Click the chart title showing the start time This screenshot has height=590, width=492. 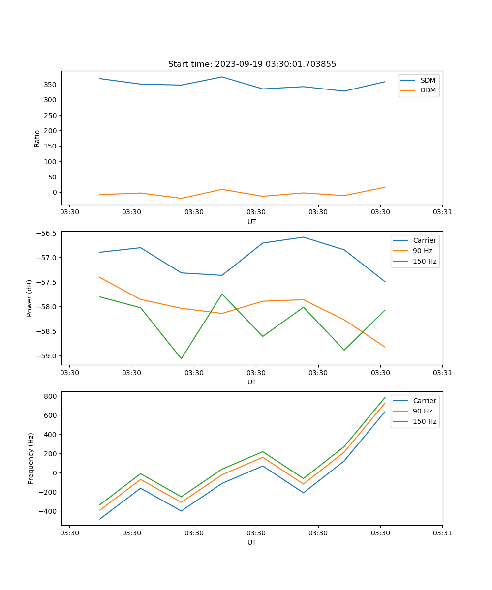[252, 64]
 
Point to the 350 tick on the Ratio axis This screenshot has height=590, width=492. [51, 85]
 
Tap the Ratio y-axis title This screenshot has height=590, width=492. [37, 138]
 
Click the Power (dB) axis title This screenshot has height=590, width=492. [30, 298]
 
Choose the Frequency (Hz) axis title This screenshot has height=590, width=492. [31, 458]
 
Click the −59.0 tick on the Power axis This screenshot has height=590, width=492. [48, 356]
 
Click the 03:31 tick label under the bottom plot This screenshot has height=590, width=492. [442, 533]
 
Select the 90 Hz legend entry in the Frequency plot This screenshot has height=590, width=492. [423, 411]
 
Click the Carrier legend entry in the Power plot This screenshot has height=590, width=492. [424, 240]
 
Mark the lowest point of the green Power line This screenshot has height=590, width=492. [181, 358]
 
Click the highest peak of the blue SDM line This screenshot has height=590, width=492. [222, 77]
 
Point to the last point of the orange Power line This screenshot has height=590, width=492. [385, 347]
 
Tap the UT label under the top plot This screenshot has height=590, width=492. [252, 222]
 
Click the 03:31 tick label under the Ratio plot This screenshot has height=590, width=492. [442, 212]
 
